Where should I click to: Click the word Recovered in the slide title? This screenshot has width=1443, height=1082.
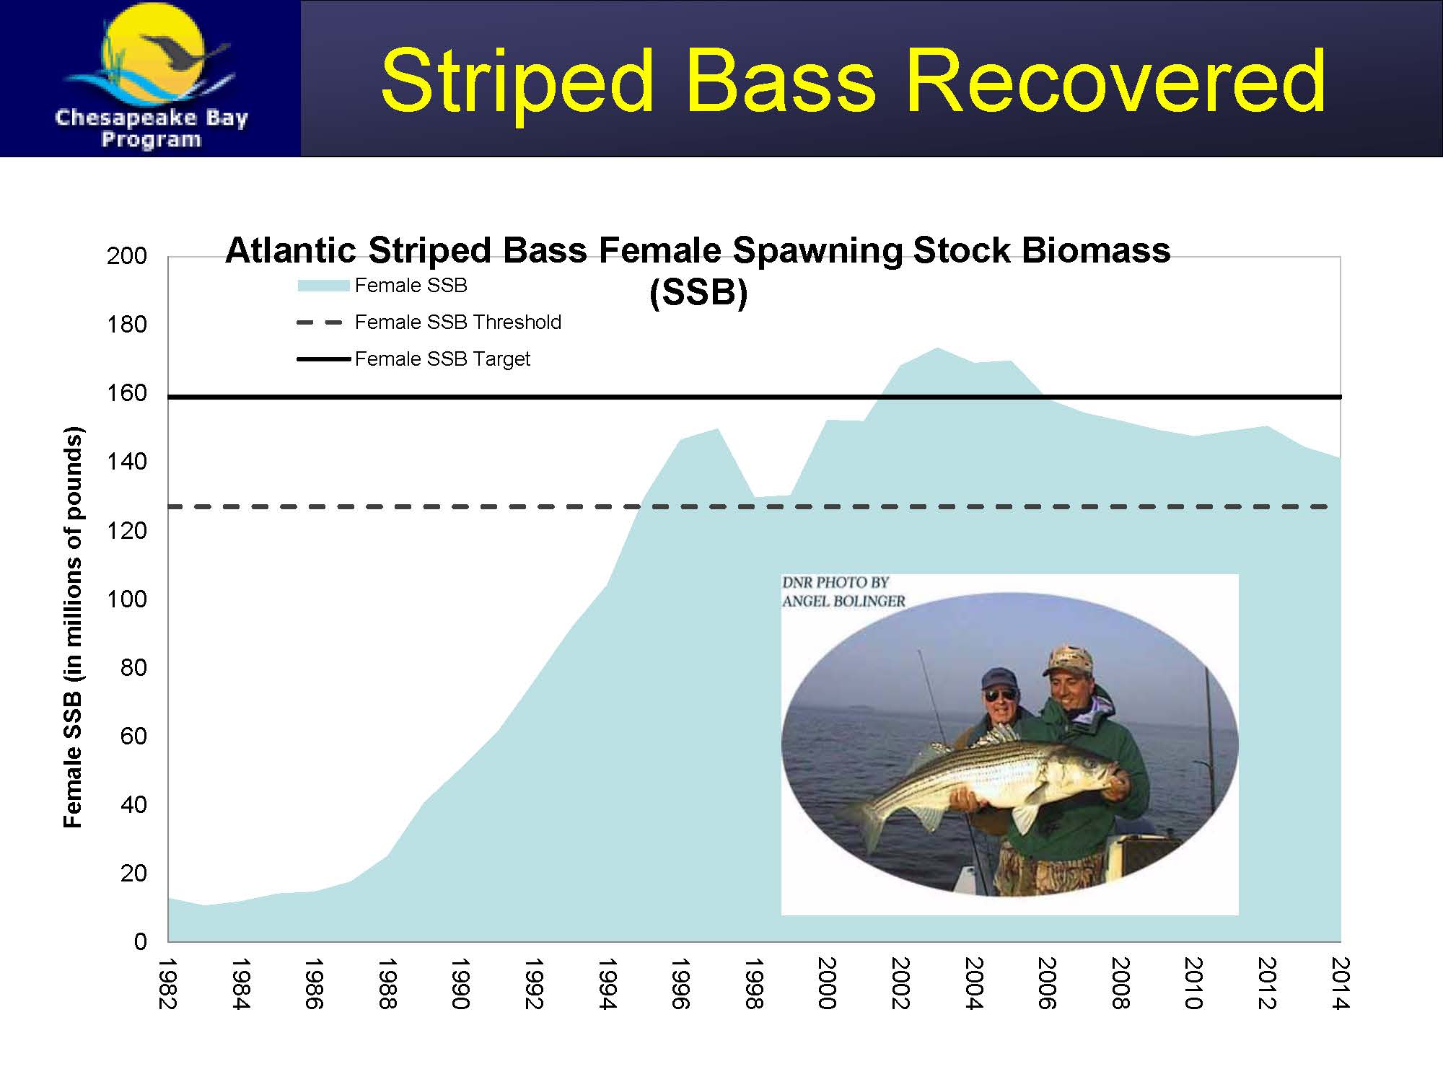[x=1115, y=81]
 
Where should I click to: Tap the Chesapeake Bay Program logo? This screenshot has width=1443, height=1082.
[x=151, y=78]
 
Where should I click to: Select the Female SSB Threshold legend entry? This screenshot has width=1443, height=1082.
[x=429, y=322]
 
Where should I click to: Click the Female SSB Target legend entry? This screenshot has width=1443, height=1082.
[x=413, y=359]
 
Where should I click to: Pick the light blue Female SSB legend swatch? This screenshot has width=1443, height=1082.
[x=323, y=286]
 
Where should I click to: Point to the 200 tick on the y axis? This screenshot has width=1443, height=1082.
[x=127, y=256]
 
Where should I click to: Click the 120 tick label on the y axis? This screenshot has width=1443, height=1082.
[x=127, y=531]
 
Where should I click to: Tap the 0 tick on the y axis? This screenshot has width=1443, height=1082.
[x=140, y=941]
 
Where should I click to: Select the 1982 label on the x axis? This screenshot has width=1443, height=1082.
[x=167, y=983]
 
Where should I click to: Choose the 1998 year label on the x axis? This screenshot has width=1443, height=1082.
[x=754, y=983]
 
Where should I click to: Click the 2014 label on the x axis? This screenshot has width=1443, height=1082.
[x=1340, y=983]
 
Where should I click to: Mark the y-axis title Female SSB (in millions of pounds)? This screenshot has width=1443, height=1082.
[x=74, y=628]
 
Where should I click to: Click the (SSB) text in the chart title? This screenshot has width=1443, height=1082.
[x=698, y=293]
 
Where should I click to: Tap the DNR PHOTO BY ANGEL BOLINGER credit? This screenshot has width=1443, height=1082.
[x=843, y=591]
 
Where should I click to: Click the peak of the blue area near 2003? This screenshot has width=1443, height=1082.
[x=937, y=348]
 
